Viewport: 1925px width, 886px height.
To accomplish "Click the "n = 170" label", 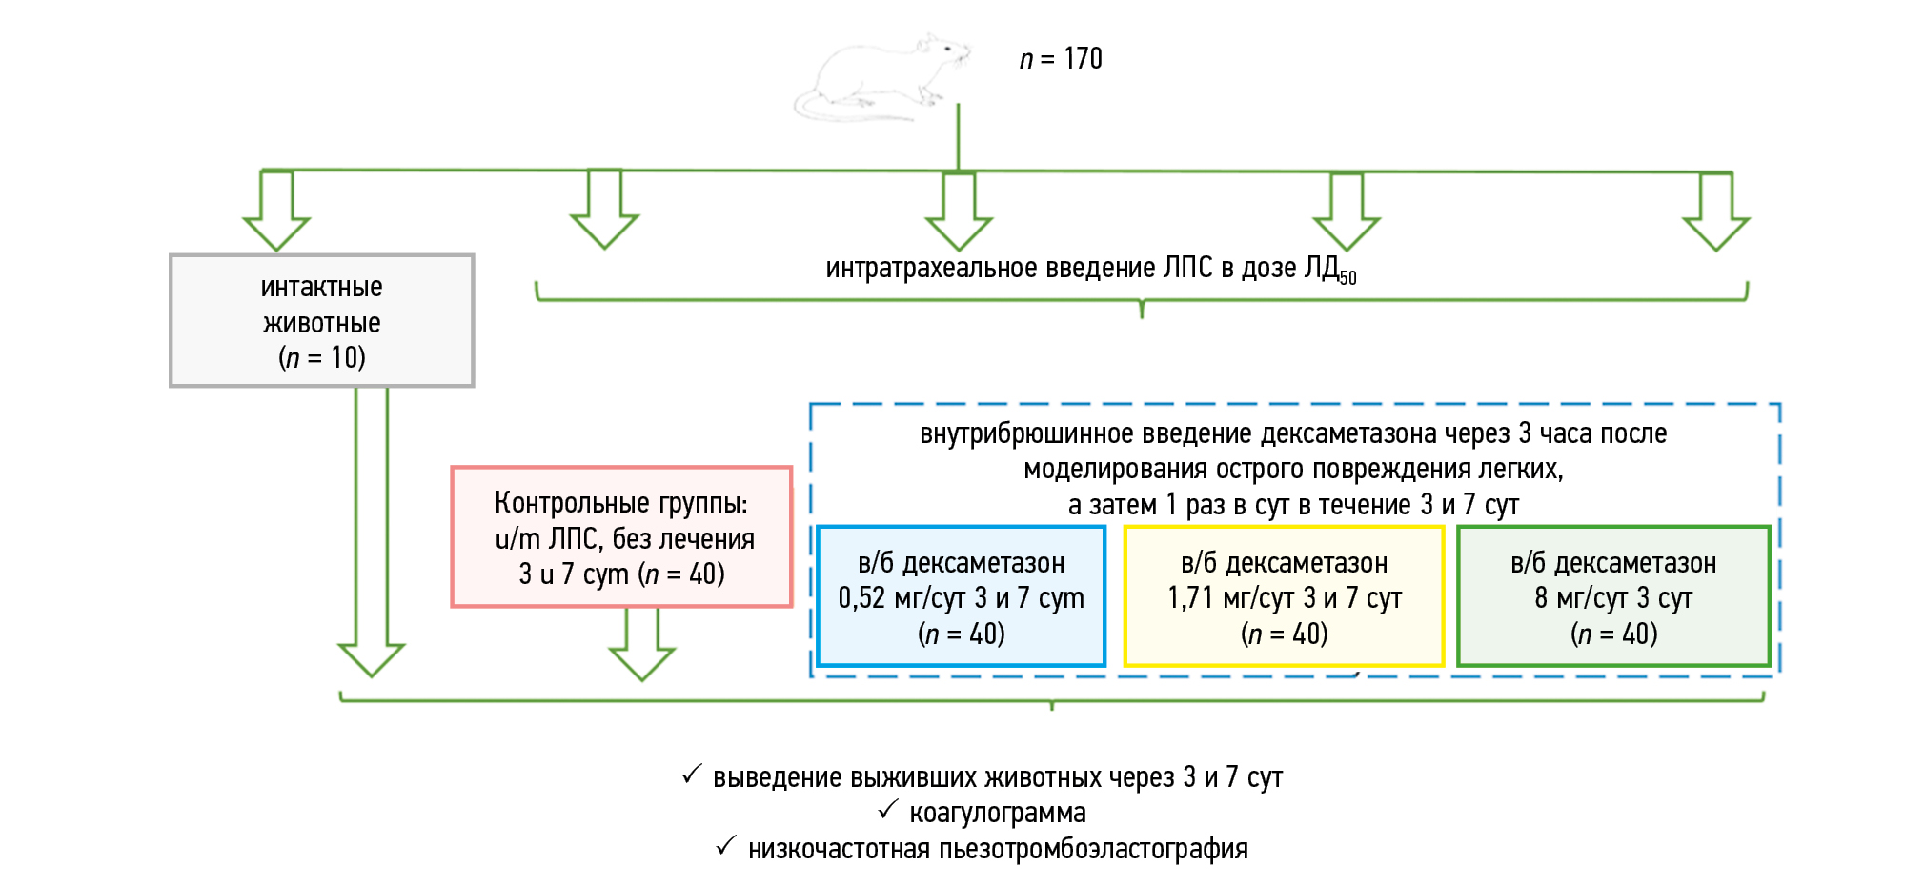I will click(1061, 59).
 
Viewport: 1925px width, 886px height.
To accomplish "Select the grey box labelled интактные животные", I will click(322, 321).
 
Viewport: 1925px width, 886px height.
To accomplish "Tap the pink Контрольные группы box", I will click(621, 537).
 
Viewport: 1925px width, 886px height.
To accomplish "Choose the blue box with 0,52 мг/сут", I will click(961, 597).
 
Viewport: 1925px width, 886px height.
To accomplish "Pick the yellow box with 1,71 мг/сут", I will click(1284, 597).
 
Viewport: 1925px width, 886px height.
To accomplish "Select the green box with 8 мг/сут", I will click(1612, 597).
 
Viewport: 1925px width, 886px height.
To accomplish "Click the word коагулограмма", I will click(997, 813).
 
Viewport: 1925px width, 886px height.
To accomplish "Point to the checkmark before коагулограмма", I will click(888, 810).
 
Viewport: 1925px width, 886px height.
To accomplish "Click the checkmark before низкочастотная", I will click(726, 846).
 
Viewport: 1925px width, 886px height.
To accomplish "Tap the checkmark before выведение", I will click(692, 775).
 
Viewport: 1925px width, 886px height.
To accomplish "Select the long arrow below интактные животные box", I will click(372, 534).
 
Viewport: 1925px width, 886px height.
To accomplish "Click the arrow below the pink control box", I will click(641, 645).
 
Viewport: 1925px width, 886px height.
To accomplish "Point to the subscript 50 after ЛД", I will click(1347, 278).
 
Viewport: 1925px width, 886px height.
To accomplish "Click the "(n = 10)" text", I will click(322, 357).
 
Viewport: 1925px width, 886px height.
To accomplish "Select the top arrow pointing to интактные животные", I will click(276, 211).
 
